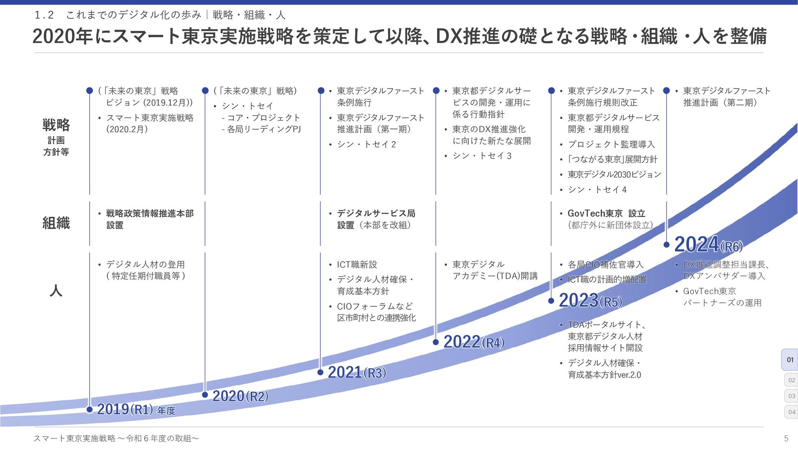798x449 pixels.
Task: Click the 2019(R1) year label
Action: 125,410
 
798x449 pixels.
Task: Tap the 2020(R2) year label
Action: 240,396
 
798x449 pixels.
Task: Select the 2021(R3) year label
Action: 357,373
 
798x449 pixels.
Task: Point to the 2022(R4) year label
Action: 473,342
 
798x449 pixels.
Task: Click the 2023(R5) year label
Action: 590,301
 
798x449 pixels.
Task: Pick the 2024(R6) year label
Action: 708,244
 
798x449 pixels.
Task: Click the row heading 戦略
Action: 56,125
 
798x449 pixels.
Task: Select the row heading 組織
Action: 56,223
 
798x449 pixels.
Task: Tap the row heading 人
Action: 56,290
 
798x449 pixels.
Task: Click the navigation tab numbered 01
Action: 790,360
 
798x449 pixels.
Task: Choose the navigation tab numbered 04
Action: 791,412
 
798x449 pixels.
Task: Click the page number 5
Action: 786,438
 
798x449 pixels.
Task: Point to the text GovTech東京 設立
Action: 606,213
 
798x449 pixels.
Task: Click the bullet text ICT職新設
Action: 357,264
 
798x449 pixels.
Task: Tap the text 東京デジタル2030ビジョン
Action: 614,174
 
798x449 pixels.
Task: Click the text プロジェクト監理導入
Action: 611,144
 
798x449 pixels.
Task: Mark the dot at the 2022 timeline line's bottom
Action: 436,342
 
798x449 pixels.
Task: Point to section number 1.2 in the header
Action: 44,15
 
